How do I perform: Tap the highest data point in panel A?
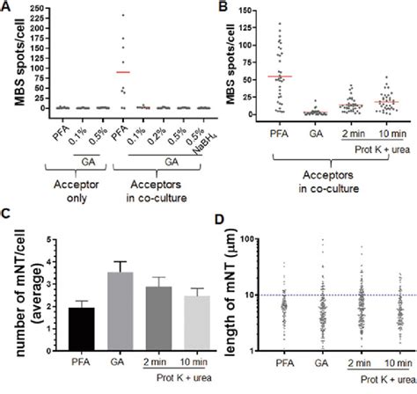[x=123, y=15]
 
